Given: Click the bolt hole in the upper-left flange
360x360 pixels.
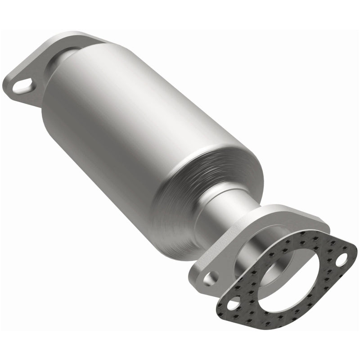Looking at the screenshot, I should click(x=22, y=85).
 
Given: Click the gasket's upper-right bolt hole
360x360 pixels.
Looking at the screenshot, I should click(x=342, y=258).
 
